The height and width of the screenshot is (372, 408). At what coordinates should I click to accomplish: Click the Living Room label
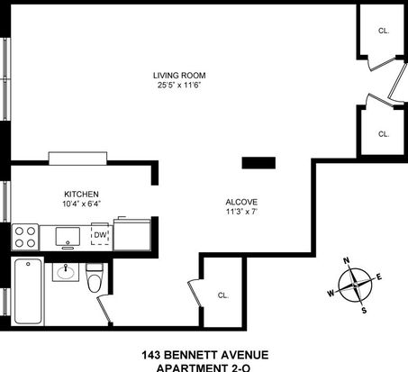coord(179,75)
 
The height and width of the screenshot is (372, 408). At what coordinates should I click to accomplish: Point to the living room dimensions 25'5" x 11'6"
coord(179,85)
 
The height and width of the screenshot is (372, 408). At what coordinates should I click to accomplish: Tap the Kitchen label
coord(81,194)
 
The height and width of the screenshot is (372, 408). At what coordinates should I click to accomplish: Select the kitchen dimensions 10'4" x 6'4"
coord(81,204)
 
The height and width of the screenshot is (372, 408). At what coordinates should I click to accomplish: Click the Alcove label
coord(241,202)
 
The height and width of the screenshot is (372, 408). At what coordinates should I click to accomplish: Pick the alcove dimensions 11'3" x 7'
coord(241,212)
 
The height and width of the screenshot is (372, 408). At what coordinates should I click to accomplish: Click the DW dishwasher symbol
coord(100,235)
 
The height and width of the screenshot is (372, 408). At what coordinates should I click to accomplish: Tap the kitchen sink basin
coord(68,237)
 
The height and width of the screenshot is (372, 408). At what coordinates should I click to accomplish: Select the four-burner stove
coord(25,237)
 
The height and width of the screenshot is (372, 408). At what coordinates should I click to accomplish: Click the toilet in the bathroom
coord(95,277)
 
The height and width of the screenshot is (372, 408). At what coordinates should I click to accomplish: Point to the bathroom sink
coord(66,272)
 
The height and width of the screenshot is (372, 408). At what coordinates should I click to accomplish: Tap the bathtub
coord(28,291)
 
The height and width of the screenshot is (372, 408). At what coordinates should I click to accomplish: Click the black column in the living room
coord(258,163)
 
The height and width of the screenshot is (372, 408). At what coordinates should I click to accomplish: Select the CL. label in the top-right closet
coord(384,31)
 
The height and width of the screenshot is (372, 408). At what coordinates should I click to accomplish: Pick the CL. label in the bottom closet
coord(223,295)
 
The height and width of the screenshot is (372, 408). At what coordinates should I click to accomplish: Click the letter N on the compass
coord(347,260)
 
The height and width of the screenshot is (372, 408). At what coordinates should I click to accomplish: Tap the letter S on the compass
coord(364,311)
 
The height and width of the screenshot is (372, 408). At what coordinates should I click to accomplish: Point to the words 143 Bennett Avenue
coord(205,355)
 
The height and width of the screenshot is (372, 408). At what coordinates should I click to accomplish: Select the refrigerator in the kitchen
coord(132,234)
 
